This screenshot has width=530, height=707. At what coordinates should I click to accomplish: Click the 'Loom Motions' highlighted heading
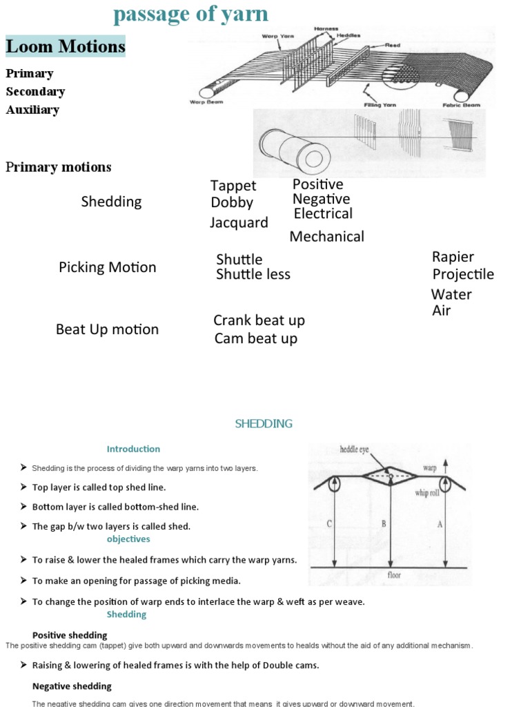pyautogui.click(x=66, y=46)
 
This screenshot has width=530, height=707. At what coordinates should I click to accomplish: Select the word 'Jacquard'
pyautogui.click(x=239, y=222)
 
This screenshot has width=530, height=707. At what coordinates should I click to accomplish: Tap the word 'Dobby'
pyautogui.click(x=232, y=202)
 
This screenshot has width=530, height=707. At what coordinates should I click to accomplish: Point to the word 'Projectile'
pyautogui.click(x=463, y=274)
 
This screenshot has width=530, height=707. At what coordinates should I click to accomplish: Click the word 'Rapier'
pyautogui.click(x=453, y=257)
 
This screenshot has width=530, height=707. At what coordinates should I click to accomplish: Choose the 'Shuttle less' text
pyautogui.click(x=253, y=274)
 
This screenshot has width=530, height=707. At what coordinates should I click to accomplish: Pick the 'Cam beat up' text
pyautogui.click(x=255, y=338)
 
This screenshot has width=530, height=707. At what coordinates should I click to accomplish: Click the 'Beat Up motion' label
pyautogui.click(x=107, y=329)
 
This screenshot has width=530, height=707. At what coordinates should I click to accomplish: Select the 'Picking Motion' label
pyautogui.click(x=108, y=267)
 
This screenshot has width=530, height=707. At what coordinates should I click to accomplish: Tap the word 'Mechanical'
pyautogui.click(x=326, y=236)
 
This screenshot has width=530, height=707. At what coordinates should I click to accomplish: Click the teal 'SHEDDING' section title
pyautogui.click(x=264, y=423)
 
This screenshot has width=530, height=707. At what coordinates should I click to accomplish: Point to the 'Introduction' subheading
pyautogui.click(x=133, y=449)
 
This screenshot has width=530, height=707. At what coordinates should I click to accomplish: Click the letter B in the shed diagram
pyautogui.click(x=383, y=523)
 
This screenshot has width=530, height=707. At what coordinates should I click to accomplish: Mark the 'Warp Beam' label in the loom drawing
pyautogui.click(x=205, y=101)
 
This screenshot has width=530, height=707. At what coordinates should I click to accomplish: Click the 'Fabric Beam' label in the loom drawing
pyautogui.click(x=458, y=106)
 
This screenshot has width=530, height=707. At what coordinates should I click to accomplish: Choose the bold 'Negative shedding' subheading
pyautogui.click(x=72, y=686)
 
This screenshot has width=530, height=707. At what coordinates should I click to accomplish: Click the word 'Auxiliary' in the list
pyautogui.click(x=32, y=109)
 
